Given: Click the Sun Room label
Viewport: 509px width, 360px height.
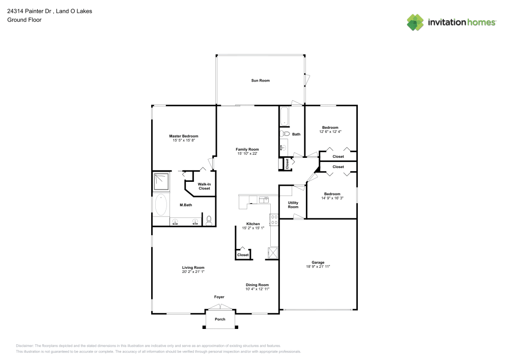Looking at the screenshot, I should (260, 80).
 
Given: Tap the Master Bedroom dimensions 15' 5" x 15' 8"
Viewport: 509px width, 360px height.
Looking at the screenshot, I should (183, 141).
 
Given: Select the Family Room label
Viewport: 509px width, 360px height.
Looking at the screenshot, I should (247, 149).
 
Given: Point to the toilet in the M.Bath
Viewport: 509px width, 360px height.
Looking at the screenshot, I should (209, 220).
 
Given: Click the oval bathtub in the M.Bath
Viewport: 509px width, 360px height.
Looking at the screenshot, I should (161, 205).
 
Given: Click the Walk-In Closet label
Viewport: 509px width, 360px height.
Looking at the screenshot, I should (204, 186).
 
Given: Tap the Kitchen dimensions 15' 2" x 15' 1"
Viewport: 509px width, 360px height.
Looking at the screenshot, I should (253, 228).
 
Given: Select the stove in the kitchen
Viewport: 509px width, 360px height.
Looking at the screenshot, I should (274, 220).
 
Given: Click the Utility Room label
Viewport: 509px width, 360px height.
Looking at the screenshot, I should (293, 205).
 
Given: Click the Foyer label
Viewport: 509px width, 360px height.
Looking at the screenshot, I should (219, 297).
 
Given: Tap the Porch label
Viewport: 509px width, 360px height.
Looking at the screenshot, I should (220, 319).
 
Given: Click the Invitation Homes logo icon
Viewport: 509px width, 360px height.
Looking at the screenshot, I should (415, 22).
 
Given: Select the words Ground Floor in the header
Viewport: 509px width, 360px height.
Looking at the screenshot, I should (24, 20).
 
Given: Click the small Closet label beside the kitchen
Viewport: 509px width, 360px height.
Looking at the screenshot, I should (243, 255).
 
